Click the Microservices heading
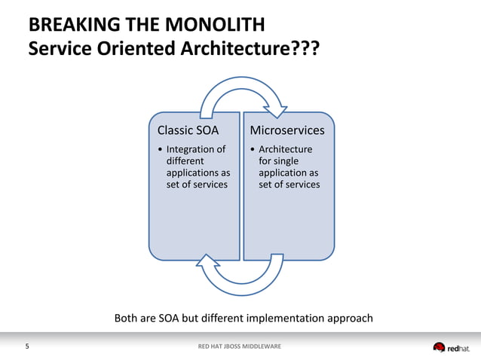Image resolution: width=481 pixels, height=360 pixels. point(287,130)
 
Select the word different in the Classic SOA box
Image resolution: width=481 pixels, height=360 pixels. point(185,161)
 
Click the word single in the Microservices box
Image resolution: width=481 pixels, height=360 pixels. point(288,161)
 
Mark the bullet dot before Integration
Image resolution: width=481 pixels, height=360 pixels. point(159,150)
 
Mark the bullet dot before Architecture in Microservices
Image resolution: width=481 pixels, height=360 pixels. point(253,150)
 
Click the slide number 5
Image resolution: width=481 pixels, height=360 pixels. point(28,346)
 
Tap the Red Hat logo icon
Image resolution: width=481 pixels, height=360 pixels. point(440,347)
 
